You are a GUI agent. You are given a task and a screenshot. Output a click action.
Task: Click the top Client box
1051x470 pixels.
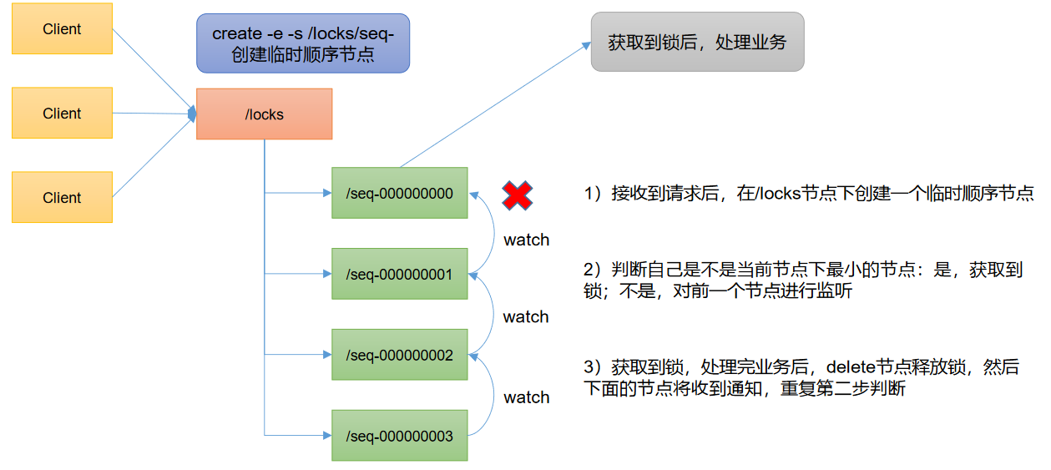coord(62,29)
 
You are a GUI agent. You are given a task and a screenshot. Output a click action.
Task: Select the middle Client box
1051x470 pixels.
coord(62,114)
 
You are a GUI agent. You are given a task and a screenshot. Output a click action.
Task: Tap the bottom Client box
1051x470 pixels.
coord(62,198)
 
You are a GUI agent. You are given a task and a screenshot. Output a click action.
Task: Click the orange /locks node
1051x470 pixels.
coord(264,114)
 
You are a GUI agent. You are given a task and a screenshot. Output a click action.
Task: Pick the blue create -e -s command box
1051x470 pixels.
coord(303,43)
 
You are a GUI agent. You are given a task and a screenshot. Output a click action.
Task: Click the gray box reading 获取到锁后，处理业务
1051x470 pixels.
coord(697,42)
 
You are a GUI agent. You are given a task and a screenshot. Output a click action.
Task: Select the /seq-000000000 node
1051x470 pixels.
coord(399,194)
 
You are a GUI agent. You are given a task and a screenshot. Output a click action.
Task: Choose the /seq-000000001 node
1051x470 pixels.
coord(399,274)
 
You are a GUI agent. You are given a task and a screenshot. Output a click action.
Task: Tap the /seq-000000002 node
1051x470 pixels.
coord(399,355)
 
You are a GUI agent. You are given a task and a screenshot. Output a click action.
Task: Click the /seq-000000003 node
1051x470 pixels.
coord(399,436)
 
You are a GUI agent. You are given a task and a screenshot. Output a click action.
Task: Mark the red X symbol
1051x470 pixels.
coord(518,195)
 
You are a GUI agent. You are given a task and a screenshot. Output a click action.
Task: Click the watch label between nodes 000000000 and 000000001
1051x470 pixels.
coord(526,240)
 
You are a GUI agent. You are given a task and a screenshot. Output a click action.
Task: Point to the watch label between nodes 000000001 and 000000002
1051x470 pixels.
coord(526,317)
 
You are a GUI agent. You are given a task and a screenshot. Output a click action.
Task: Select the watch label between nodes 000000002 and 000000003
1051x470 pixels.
coord(526,397)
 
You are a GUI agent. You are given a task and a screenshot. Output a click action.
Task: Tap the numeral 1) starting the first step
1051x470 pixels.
coord(593,195)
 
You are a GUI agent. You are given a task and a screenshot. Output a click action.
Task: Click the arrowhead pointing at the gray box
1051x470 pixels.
coord(585,47)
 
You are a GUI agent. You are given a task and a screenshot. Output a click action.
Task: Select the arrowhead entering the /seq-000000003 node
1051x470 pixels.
coord(326,436)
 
